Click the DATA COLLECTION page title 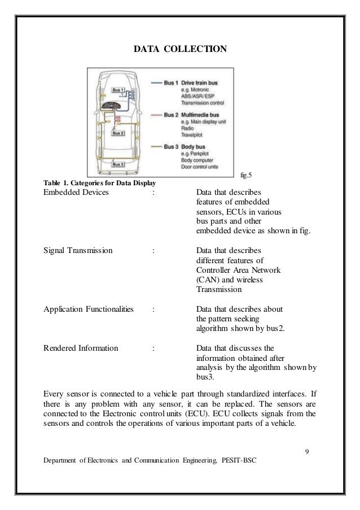click(x=180, y=50)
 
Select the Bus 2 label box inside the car click(x=118, y=134)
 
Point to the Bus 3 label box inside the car click(x=119, y=164)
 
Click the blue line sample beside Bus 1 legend click(x=155, y=83)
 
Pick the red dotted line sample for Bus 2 click(x=155, y=115)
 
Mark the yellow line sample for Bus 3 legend click(x=155, y=147)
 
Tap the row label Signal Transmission click(x=78, y=249)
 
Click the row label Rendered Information click(x=81, y=347)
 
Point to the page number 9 click(x=306, y=451)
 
